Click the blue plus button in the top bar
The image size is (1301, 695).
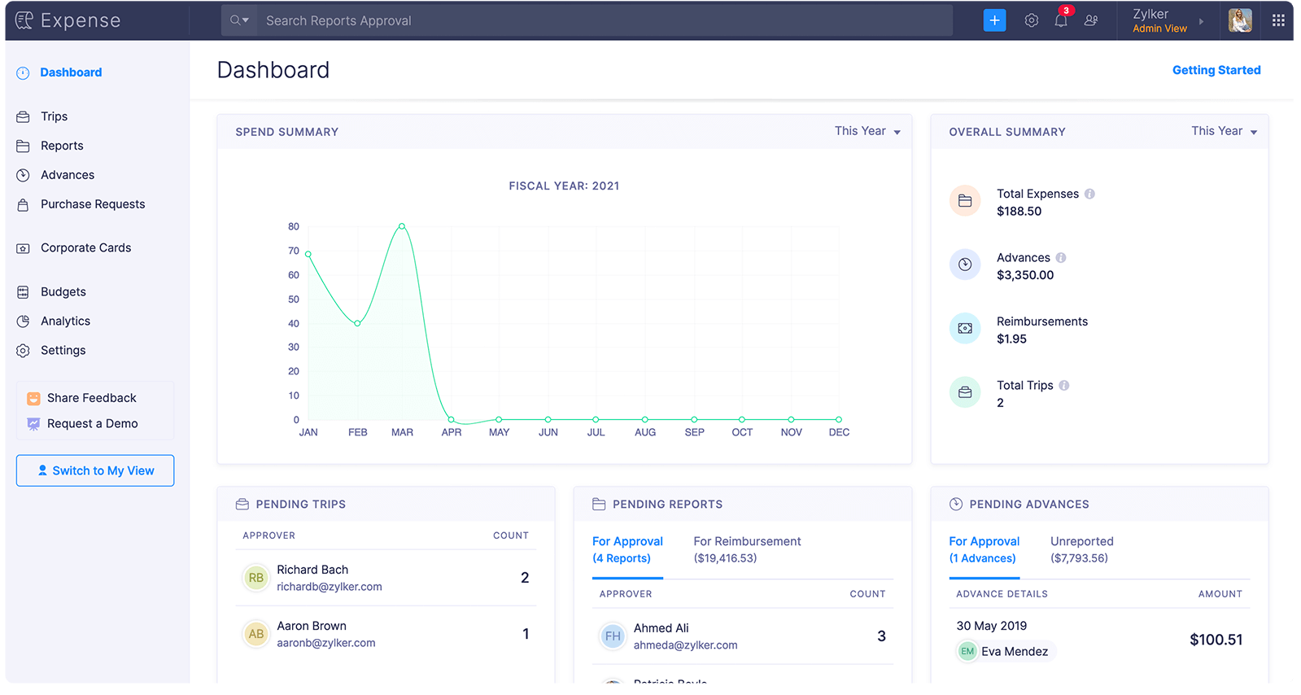click(x=994, y=20)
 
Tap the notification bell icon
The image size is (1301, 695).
click(x=1060, y=21)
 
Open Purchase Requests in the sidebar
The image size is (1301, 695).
click(x=93, y=204)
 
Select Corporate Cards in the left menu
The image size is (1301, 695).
click(x=85, y=247)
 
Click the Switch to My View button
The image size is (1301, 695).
click(x=95, y=470)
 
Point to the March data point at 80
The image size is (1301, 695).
click(x=401, y=226)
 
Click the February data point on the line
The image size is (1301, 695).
click(x=357, y=323)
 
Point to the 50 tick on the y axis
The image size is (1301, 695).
click(x=294, y=299)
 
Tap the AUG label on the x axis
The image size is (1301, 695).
click(x=644, y=432)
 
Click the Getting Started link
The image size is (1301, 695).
click(x=1216, y=70)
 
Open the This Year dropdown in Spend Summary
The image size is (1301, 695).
click(x=867, y=131)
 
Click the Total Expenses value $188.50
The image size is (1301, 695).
click(x=1019, y=212)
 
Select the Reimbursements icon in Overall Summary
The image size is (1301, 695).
click(x=965, y=328)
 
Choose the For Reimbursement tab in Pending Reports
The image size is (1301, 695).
click(x=747, y=549)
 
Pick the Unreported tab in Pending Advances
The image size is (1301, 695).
click(x=1081, y=549)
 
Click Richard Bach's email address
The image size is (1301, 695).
click(x=330, y=587)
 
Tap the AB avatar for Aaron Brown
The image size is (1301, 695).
click(x=255, y=634)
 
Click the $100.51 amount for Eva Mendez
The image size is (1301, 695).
click(x=1216, y=640)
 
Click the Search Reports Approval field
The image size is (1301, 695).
click(x=604, y=21)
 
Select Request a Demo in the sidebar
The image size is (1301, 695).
click(x=93, y=424)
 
